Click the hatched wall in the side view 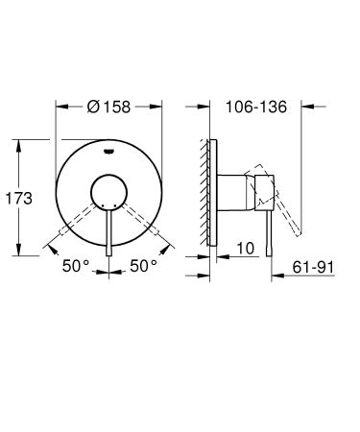pos(204,197)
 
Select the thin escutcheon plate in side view pos(213,197)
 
